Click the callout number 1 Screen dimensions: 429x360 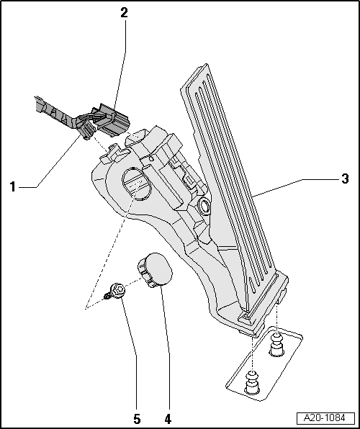(x=12, y=186)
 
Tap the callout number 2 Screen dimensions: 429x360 (x=125, y=12)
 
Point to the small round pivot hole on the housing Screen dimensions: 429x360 (x=205, y=208)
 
